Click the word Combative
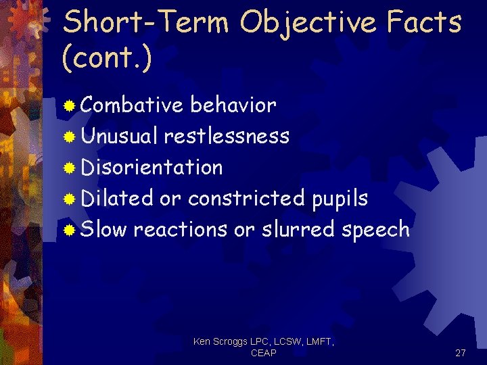point(132,105)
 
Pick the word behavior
point(233,105)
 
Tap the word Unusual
point(119,137)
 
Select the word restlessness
point(227,137)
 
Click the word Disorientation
point(152,167)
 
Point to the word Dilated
point(117,198)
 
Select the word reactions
point(180,229)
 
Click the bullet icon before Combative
point(69,106)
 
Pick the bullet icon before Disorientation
point(69,168)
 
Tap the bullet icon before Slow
point(69,230)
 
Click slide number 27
point(460,353)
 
